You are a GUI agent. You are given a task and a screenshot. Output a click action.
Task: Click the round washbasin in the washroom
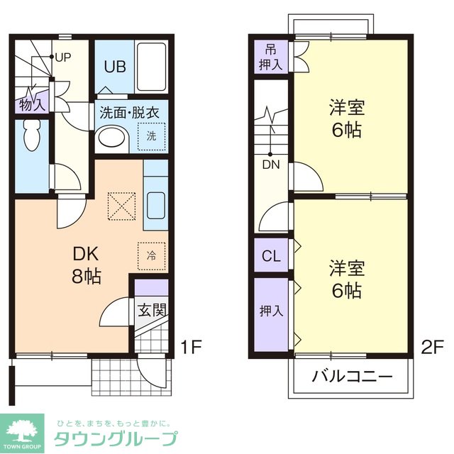(110, 137)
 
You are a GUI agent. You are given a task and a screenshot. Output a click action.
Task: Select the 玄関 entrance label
(151, 310)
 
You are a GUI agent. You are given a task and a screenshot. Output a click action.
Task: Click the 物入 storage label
(32, 105)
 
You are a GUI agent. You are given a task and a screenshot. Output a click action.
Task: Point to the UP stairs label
(62, 57)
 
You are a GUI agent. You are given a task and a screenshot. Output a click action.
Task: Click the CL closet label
(270, 256)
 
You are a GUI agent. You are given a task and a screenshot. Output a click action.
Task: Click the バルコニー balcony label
(352, 376)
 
